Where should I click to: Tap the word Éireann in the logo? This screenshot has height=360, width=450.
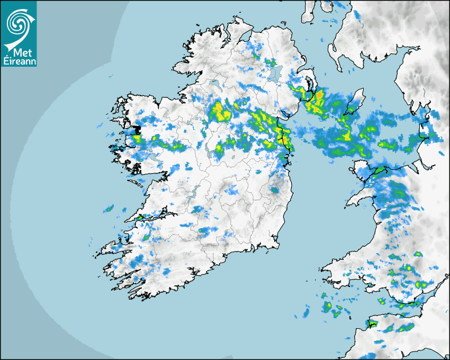[x=19, y=61]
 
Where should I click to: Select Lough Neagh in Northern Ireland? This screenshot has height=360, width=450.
[x=274, y=73]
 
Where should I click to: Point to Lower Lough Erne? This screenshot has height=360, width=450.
[x=214, y=85]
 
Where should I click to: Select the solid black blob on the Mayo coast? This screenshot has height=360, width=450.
[x=136, y=129]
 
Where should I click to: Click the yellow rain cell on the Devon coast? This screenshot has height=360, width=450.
[x=372, y=322]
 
